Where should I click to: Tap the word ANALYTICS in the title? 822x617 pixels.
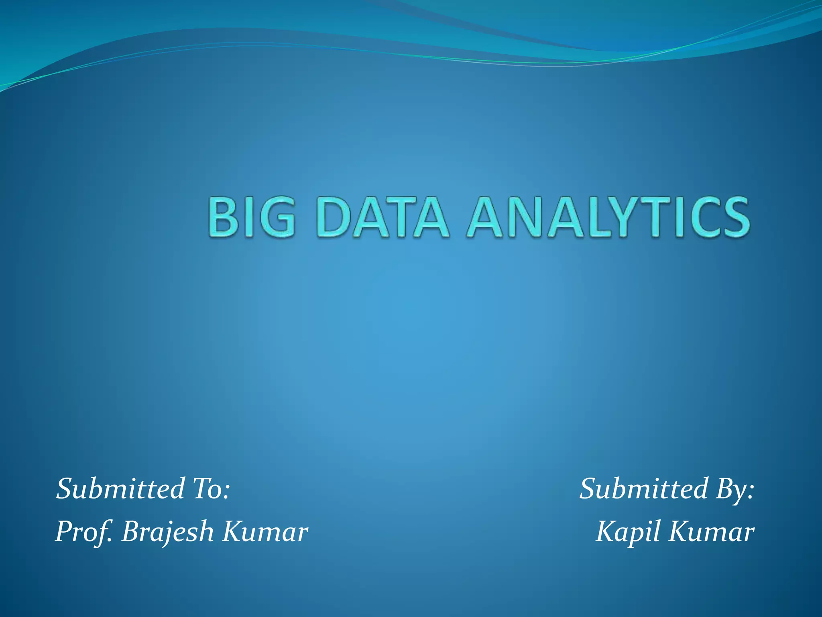pos(608,217)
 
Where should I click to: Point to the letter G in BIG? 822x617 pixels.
pos(277,217)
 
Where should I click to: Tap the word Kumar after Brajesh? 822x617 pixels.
pos(265,531)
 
